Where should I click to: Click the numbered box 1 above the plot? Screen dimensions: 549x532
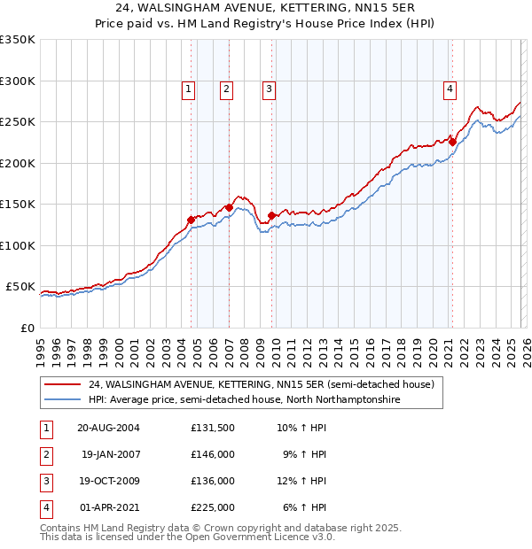[189, 89]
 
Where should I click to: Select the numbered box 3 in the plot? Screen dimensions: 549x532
[268, 89]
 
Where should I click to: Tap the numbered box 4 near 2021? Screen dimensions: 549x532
[450, 89]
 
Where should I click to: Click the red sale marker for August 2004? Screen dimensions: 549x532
[191, 220]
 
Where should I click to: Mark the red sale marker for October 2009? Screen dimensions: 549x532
[271, 215]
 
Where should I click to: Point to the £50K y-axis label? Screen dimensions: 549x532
[20, 287]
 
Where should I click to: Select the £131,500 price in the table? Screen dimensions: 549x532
[213, 427]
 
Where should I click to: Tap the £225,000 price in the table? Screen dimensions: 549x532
[213, 508]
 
